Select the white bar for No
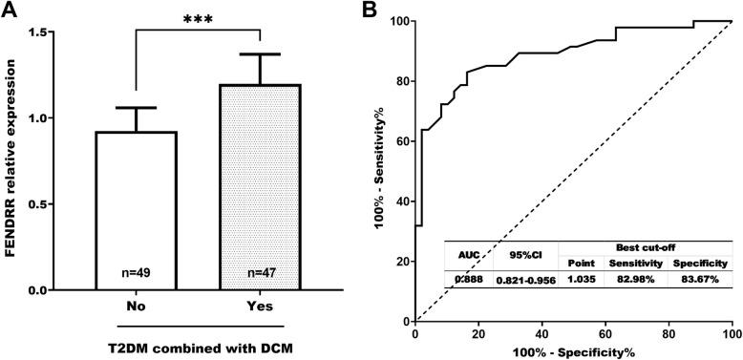click(135, 210)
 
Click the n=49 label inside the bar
click(135, 272)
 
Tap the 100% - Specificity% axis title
click(573, 351)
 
